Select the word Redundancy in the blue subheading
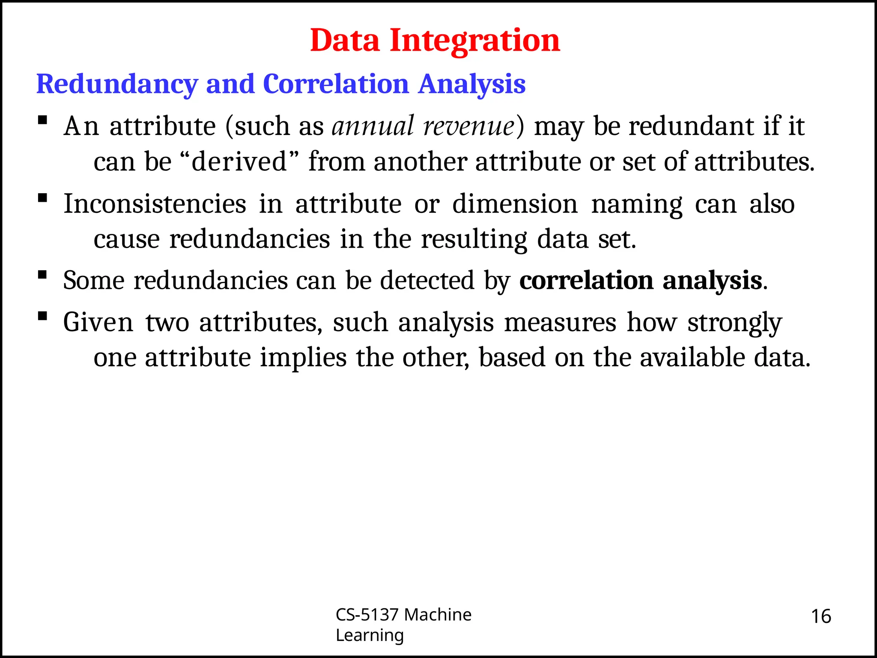pos(117,84)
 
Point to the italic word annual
pos(373,126)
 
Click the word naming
pos(637,204)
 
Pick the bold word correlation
pos(586,281)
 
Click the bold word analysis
pos(712,281)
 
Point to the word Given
pos(98,322)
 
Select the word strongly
pos(735,323)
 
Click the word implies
pos(303,358)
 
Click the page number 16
pos(821,616)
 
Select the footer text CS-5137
pos(367,615)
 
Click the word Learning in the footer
pos(370,635)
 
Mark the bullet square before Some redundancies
pos(42,275)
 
